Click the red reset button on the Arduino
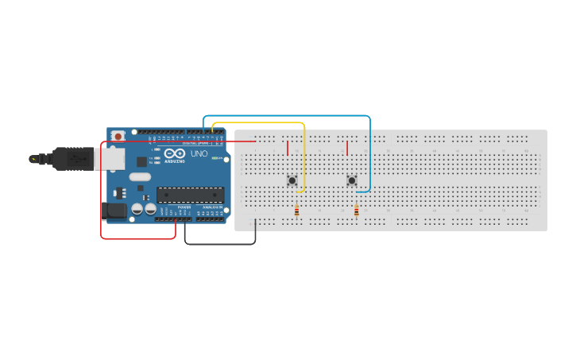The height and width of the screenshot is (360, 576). [x=118, y=136]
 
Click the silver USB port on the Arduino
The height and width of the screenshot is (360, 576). [x=109, y=159]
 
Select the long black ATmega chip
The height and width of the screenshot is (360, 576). [x=190, y=195]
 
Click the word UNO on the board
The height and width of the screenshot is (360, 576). [x=199, y=153]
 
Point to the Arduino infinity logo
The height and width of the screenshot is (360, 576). [x=175, y=153]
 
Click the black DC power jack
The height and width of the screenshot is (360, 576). [x=114, y=211]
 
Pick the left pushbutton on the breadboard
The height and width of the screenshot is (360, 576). [x=292, y=180]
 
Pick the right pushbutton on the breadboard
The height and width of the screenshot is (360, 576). [x=352, y=180]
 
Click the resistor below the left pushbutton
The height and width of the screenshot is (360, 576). [x=297, y=211]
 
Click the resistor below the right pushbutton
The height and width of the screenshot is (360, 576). [x=356, y=211]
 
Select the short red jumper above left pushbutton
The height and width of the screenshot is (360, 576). [x=288, y=148]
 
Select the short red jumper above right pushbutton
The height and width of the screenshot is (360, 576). [x=347, y=148]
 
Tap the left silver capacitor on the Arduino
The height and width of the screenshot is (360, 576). [x=137, y=209]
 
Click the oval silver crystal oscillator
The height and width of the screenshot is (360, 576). [x=140, y=176]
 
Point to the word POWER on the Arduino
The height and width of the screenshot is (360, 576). [x=184, y=207]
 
